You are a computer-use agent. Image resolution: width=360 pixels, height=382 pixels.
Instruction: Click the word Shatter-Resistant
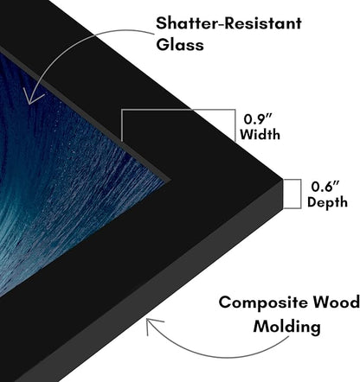coord(228,23)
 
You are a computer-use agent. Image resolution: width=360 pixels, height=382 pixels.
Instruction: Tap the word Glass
coord(180,45)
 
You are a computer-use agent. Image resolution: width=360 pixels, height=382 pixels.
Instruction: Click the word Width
coord(260,135)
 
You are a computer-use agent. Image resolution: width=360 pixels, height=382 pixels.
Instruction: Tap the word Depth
coord(327,202)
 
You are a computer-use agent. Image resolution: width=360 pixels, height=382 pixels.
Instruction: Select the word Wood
coord(337,302)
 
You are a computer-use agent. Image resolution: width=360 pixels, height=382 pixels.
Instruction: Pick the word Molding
coord(286,327)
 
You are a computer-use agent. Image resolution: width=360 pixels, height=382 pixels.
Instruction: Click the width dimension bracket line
coord(178,110)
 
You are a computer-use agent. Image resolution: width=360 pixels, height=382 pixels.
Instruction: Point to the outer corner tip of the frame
coord(282,179)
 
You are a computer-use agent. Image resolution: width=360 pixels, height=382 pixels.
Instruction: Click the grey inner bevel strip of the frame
coord(87,111)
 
